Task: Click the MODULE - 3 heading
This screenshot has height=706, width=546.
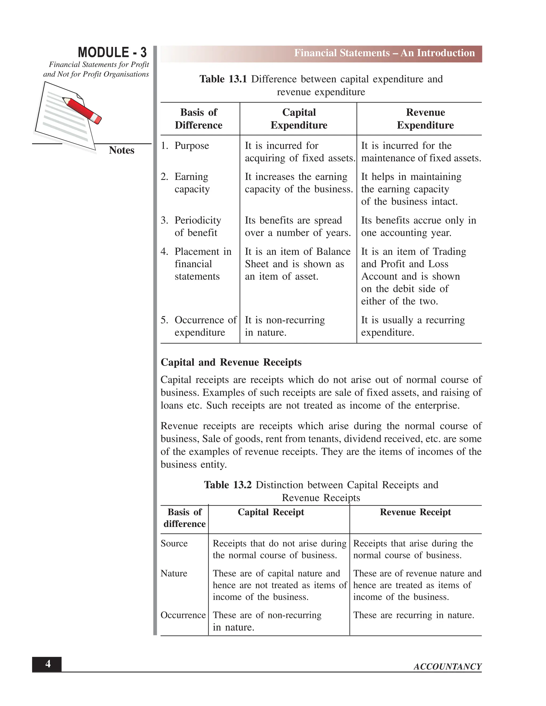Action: (112, 52)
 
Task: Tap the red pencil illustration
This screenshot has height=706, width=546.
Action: (82, 110)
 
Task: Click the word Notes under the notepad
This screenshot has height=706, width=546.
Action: (121, 150)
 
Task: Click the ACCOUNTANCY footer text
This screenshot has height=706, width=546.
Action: (447, 667)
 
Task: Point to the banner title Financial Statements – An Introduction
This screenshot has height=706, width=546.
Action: (384, 53)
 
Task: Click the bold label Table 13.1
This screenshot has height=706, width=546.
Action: (223, 79)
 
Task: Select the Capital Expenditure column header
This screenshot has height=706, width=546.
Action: (299, 119)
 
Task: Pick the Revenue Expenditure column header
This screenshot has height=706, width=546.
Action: (425, 119)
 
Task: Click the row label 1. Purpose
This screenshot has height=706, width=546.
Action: (185, 146)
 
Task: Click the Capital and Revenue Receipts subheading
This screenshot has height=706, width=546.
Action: (231, 362)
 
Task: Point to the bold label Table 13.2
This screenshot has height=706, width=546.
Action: (227, 485)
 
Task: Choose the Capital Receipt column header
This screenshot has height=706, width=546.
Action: (271, 512)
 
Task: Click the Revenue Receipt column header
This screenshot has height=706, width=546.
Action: (415, 512)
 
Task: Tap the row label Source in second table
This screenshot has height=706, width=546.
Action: (174, 543)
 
